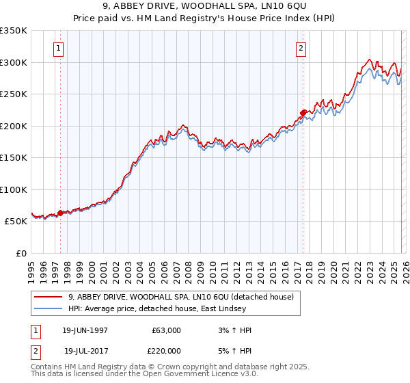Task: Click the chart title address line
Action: (204, 7)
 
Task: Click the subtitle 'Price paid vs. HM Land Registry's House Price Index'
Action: (204, 18)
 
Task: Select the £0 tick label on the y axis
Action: (20, 253)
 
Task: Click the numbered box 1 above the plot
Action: (59, 49)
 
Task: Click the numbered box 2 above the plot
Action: (301, 49)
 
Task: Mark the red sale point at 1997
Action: (60, 213)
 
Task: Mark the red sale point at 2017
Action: (303, 113)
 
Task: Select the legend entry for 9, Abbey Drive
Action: (180, 297)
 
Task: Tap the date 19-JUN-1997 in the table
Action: (85, 330)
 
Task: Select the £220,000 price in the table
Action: (166, 351)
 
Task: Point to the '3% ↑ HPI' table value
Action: (233, 330)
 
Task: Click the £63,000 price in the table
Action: (166, 330)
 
